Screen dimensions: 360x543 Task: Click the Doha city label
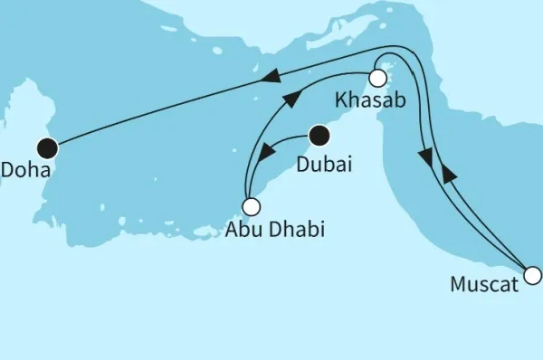tap(25, 168)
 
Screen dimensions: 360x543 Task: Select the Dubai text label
tap(323, 166)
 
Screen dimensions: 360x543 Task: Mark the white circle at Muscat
tap(533, 274)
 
